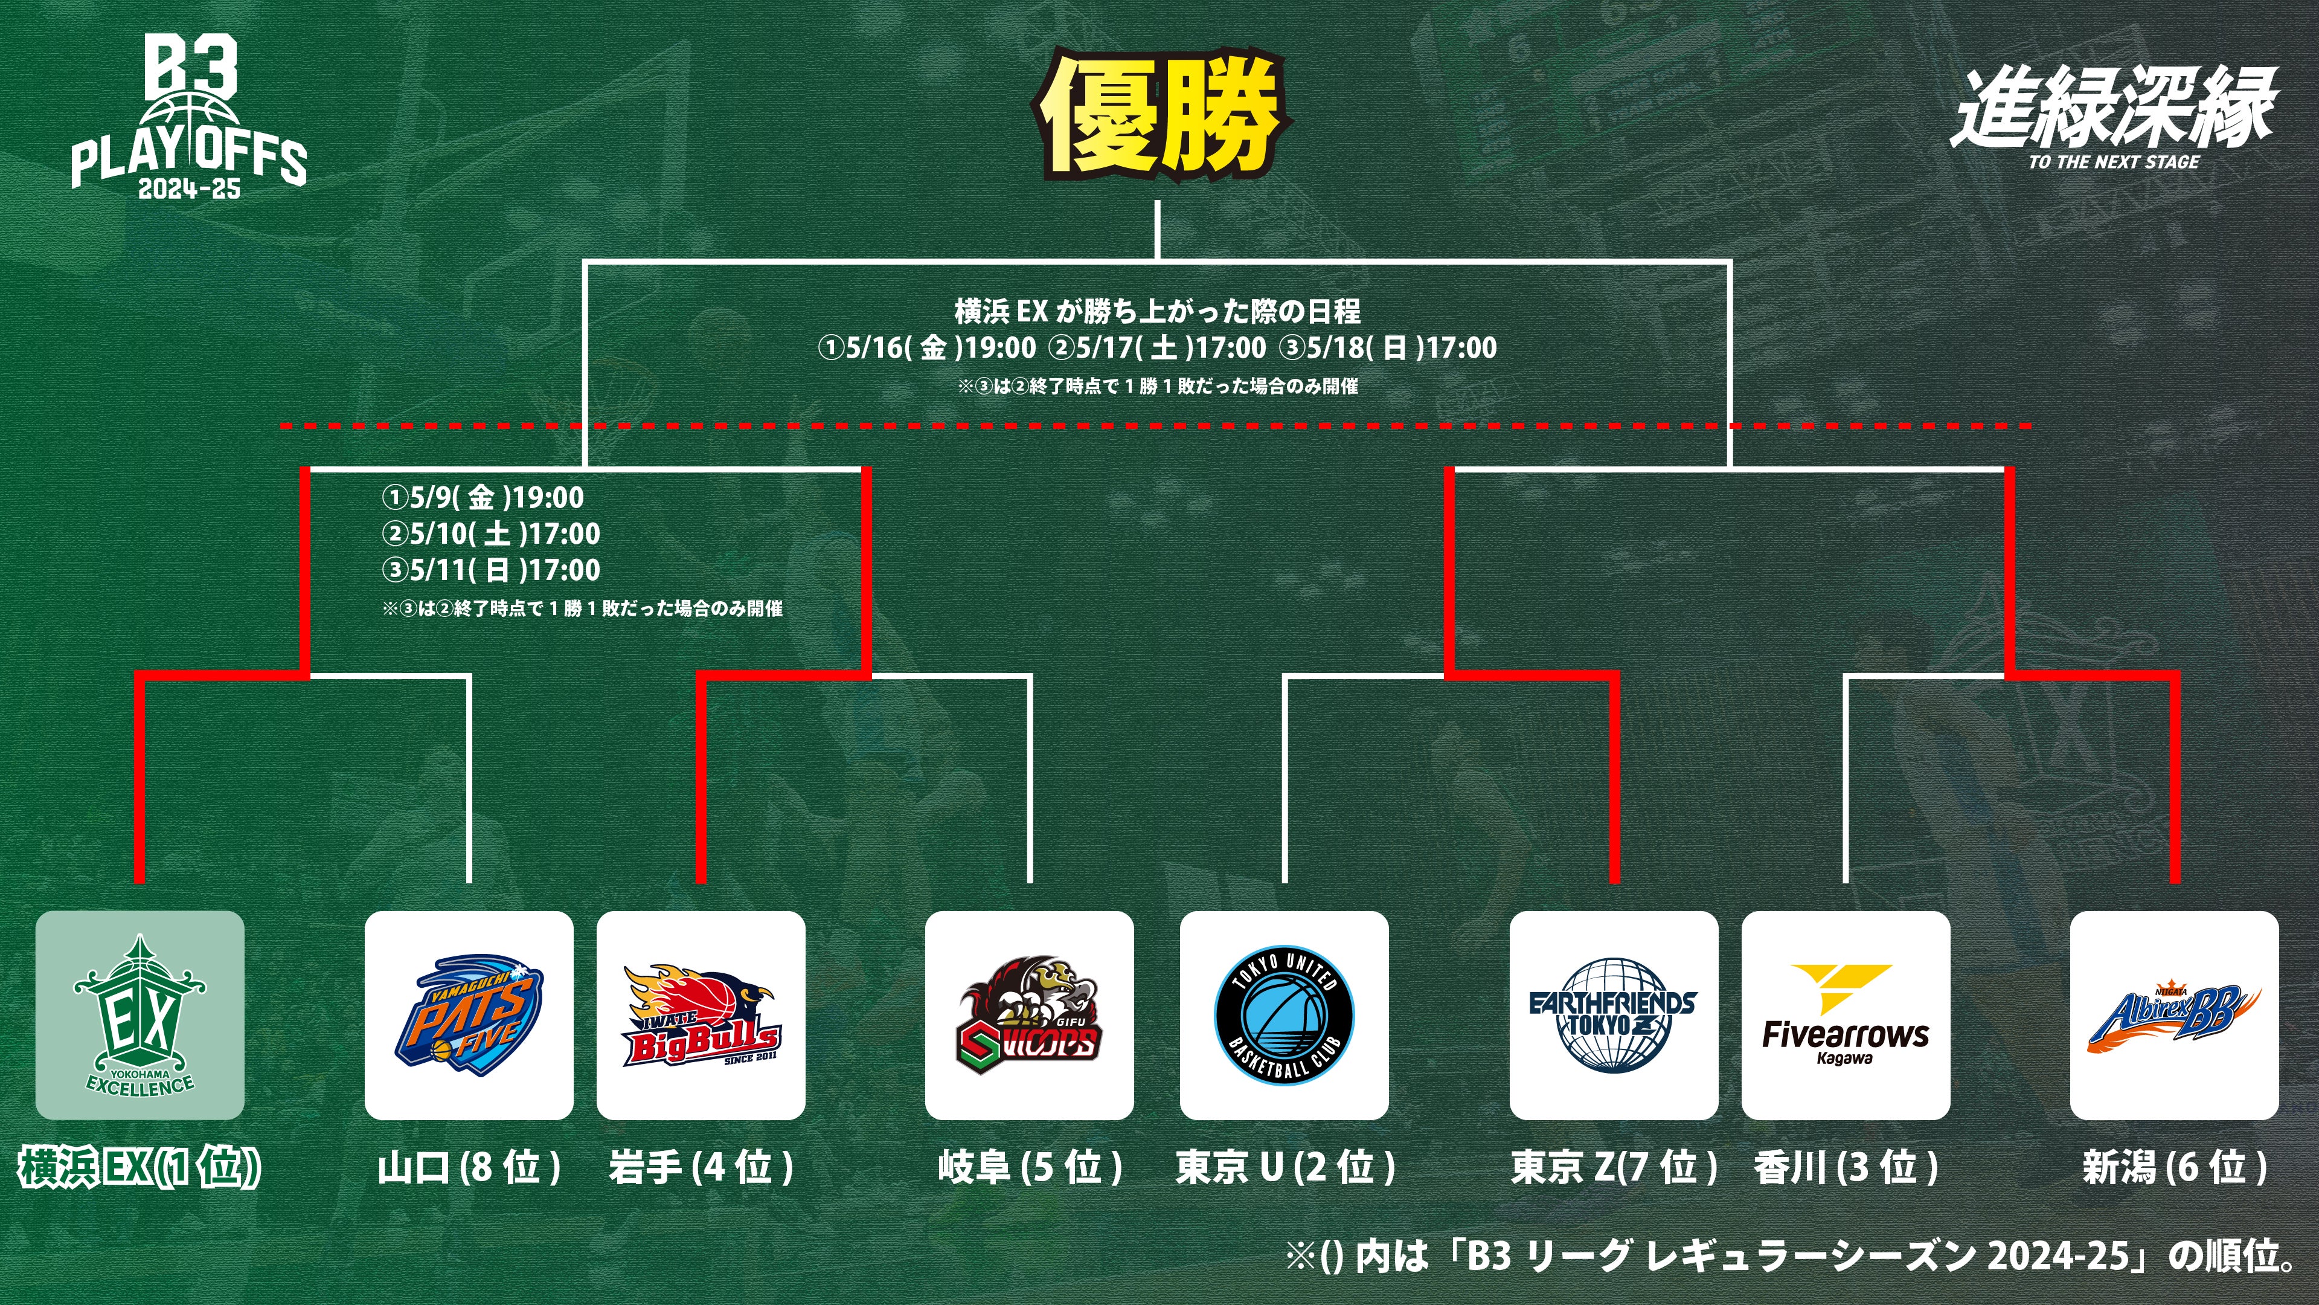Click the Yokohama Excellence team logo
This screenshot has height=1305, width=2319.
[140, 1015]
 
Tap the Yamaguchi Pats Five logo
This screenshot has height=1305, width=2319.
[468, 1015]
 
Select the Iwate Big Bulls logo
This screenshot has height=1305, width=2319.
[701, 1015]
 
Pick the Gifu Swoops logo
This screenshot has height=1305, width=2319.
[1029, 1015]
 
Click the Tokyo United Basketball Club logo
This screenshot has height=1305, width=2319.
[1284, 1015]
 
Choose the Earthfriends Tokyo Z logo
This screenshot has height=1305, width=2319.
[1613, 1015]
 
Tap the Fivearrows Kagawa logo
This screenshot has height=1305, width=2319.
[1846, 1015]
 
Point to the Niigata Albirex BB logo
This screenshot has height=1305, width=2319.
[2174, 1015]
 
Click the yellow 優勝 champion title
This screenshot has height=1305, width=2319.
[1161, 115]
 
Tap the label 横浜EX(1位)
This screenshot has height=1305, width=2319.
[140, 1167]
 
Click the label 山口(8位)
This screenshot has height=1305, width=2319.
[468, 1167]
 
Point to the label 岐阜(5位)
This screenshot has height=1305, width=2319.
[1029, 1167]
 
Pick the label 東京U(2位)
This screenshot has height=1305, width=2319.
[1285, 1167]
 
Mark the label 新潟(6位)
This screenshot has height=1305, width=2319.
[2174, 1167]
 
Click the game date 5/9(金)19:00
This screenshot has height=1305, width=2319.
[483, 497]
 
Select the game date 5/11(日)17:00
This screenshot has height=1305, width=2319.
[492, 570]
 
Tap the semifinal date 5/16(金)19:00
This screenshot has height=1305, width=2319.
[927, 347]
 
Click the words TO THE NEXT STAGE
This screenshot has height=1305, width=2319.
[2114, 162]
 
